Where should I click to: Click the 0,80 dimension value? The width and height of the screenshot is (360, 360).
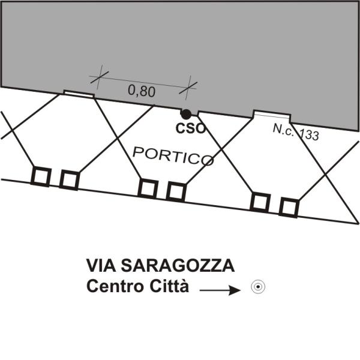(x=142, y=91)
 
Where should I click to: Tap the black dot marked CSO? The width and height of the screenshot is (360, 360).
(x=186, y=114)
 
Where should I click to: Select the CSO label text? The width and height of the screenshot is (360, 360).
(x=190, y=128)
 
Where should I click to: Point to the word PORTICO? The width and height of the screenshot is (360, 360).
(x=173, y=156)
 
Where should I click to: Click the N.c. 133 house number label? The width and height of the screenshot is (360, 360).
(x=296, y=132)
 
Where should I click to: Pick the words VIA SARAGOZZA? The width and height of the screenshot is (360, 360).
(x=160, y=265)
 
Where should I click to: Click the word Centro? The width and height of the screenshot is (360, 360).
(x=116, y=286)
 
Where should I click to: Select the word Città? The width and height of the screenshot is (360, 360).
(x=169, y=286)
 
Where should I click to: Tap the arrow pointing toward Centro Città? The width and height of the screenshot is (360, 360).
(x=220, y=290)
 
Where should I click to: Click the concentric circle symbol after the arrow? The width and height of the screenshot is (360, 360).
(x=258, y=287)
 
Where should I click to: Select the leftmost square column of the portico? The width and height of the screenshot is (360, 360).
(x=41, y=176)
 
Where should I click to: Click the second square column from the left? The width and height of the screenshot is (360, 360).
(x=69, y=180)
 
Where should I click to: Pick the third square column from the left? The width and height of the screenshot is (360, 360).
(x=148, y=189)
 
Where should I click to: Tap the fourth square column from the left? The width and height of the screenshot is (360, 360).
(x=176, y=192)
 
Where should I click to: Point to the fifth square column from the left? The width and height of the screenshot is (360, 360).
(x=260, y=202)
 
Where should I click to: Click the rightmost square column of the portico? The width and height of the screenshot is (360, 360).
(x=289, y=208)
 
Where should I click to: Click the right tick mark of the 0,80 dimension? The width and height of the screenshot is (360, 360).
(x=188, y=88)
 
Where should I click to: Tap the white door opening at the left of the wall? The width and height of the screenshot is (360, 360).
(x=79, y=94)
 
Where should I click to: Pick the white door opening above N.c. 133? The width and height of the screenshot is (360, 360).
(x=272, y=115)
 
